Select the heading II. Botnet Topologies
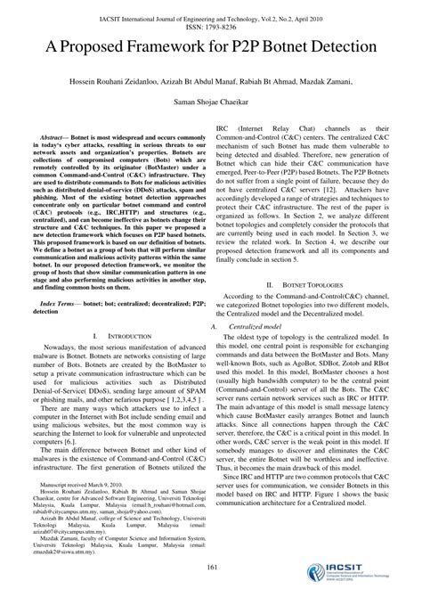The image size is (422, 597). [307, 284]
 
